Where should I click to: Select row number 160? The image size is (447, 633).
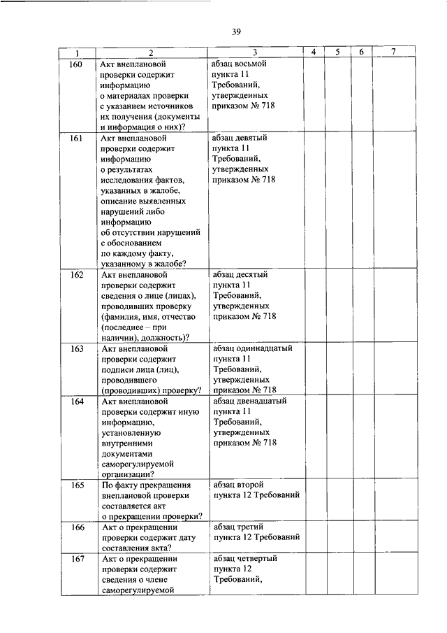point(77,64)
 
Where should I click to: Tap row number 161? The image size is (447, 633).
point(77,139)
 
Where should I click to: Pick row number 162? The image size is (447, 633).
point(77,276)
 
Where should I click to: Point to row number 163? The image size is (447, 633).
point(77,348)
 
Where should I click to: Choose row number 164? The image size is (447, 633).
point(77,402)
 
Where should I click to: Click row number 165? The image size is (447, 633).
point(77,485)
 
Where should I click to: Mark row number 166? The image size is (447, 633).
point(77,527)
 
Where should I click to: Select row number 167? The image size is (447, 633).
point(77,559)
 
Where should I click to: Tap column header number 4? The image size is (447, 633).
point(314,52)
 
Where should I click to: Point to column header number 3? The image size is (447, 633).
point(254,52)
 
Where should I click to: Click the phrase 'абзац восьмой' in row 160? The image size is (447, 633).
point(239,64)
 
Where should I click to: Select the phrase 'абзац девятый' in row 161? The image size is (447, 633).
point(239,138)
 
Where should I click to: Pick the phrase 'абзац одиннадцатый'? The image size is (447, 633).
point(251,348)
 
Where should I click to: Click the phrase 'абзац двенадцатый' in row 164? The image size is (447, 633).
point(249,401)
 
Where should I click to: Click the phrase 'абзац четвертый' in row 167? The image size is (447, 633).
point(244,558)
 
